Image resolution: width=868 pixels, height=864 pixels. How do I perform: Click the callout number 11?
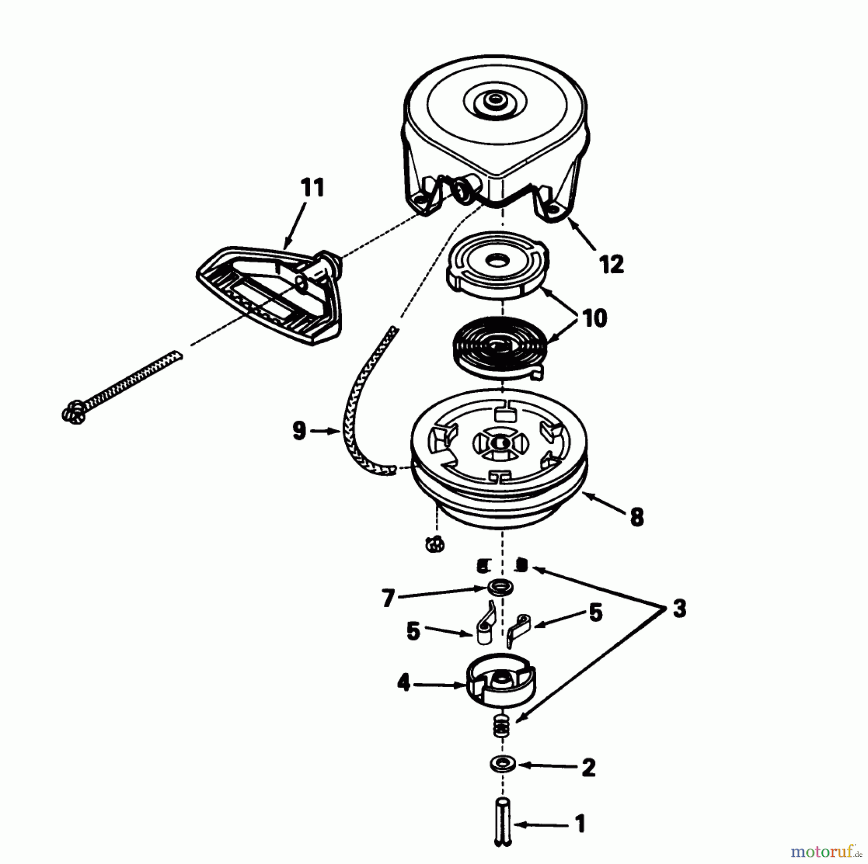312,187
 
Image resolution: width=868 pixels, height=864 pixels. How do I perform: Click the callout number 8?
637,518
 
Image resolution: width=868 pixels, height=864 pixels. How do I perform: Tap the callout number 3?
679,609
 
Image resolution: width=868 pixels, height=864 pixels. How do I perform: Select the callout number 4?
403,683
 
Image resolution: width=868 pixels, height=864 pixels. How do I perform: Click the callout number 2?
588,768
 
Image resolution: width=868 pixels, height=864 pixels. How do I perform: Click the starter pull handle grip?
270,294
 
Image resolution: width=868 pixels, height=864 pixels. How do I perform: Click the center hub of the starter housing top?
493,100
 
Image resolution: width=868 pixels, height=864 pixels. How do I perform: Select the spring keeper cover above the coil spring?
497,263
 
